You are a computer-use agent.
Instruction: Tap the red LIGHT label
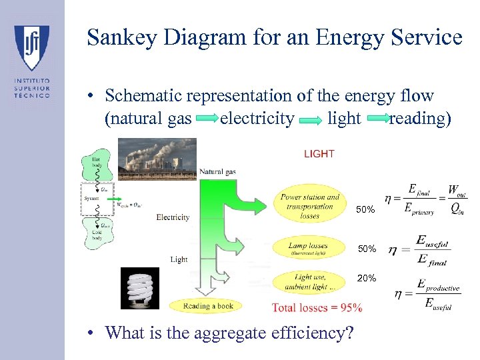[x=319, y=154]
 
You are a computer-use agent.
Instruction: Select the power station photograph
[x=157, y=158]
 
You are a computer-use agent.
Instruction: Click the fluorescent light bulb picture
[x=140, y=288]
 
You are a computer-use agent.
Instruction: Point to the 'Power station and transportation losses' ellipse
[x=309, y=206]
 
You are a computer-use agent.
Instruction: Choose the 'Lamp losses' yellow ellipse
[x=310, y=249]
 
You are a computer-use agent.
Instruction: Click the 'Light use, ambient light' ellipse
[x=310, y=281]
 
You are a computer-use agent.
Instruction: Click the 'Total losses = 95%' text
[x=317, y=307]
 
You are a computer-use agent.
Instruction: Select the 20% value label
[x=367, y=278]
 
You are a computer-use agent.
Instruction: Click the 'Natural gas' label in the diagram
[x=217, y=172]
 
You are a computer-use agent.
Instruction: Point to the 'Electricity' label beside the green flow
[x=173, y=217]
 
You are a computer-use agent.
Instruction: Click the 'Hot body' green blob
[x=97, y=166]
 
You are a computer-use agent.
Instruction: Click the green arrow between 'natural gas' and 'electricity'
[x=207, y=119]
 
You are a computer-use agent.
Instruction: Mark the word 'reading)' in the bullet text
[x=420, y=119]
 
